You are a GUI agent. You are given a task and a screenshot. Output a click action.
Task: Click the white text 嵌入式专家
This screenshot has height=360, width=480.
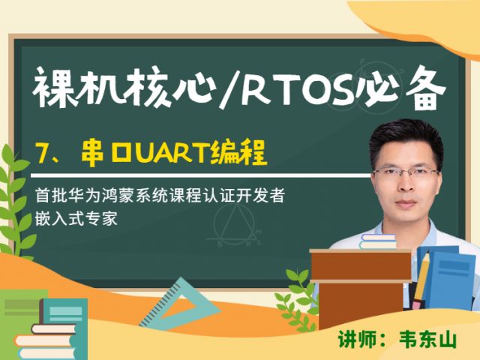tap(76, 218)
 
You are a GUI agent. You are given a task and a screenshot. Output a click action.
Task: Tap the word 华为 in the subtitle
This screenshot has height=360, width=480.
tap(83, 195)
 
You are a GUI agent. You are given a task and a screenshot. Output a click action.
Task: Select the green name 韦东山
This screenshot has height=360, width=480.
tap(427, 340)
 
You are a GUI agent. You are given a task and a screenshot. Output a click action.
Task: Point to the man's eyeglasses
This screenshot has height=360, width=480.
tap(406, 174)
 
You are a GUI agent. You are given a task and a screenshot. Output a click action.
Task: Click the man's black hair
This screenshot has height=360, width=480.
tap(406, 140)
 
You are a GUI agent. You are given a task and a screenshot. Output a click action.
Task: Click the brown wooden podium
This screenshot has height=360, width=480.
tap(361, 288)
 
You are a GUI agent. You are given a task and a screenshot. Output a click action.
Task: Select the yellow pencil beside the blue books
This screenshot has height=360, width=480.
tap(421, 280)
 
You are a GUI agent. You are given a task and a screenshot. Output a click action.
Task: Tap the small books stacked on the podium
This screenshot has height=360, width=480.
tap(378, 241)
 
